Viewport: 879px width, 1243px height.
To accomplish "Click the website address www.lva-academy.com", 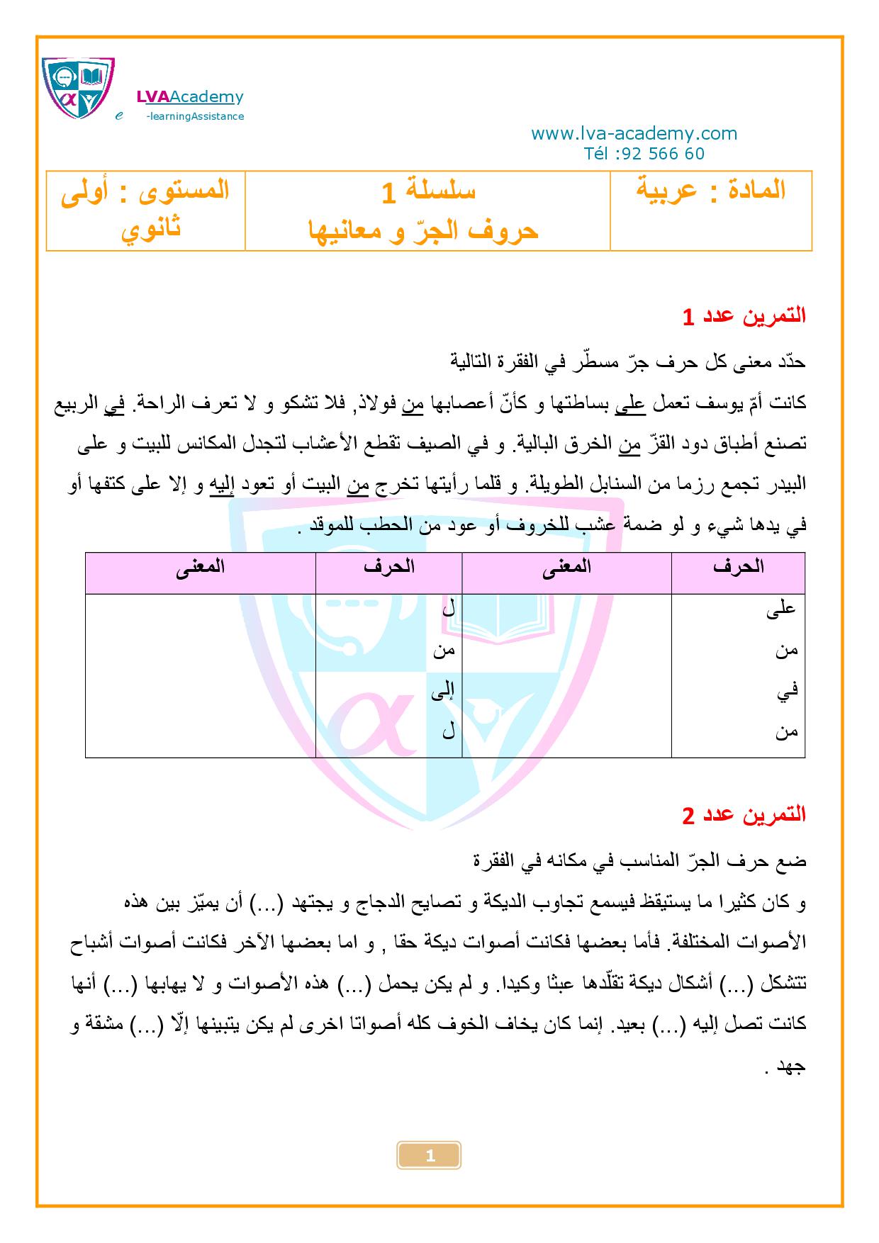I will coord(634,133).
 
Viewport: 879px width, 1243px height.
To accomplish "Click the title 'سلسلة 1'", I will coord(428,191).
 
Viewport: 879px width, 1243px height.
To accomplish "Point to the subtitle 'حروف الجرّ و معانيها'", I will coord(423,230).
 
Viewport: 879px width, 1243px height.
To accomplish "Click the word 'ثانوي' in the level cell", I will coord(151,229).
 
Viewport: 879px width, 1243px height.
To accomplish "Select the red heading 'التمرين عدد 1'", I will coord(744,316).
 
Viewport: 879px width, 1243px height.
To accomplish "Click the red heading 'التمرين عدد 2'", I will coord(744,814).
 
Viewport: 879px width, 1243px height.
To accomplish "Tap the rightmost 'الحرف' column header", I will coord(739,567).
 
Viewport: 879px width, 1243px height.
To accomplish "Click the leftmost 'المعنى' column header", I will coord(200,567).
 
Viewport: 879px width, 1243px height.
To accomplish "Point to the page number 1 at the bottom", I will coord(430,1156).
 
